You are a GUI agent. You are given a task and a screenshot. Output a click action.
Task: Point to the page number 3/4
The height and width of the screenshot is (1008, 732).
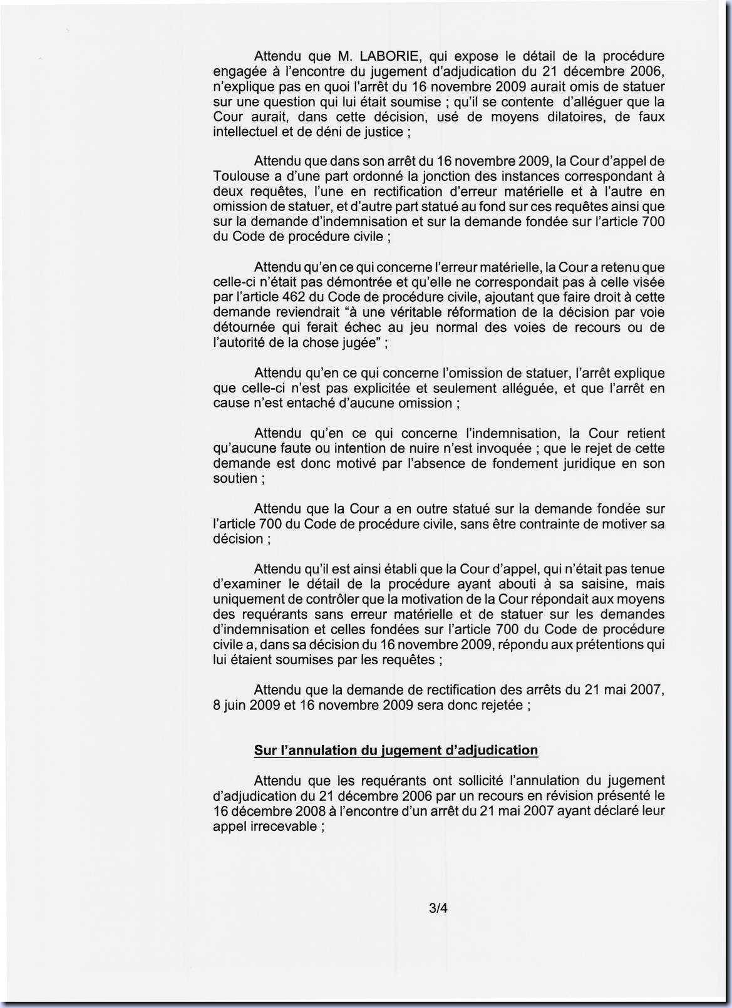[438, 907]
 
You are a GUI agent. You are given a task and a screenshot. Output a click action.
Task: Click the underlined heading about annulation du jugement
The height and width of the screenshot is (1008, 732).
[396, 750]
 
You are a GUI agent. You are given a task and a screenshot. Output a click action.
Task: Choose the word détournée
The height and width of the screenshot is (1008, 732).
[243, 327]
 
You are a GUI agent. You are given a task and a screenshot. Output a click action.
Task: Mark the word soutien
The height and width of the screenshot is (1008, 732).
[235, 478]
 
